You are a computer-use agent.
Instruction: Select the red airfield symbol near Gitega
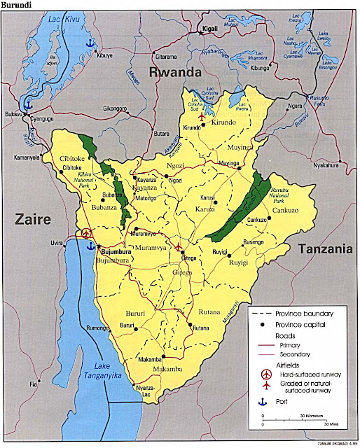pos(179,248)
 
